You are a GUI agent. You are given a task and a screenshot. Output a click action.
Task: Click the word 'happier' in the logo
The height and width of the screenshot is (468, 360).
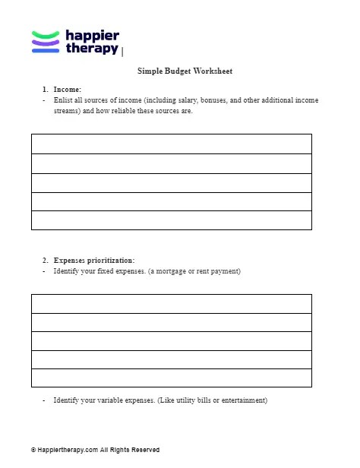pyautogui.click(x=92, y=34)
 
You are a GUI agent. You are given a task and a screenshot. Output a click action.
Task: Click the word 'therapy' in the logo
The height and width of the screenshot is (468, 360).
pyautogui.click(x=92, y=49)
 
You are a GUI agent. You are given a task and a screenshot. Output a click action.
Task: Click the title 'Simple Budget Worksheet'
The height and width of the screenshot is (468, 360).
pyautogui.click(x=185, y=71)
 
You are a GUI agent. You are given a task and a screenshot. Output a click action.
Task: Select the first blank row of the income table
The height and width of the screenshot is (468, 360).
pyautogui.click(x=172, y=144)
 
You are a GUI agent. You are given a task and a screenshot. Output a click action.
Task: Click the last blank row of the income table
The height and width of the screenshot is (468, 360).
pyautogui.click(x=172, y=220)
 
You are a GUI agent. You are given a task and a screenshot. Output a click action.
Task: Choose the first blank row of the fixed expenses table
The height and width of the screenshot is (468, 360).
pyautogui.click(x=172, y=304)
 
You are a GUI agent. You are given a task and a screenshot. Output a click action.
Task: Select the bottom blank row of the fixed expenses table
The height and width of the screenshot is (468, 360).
pyautogui.click(x=172, y=378)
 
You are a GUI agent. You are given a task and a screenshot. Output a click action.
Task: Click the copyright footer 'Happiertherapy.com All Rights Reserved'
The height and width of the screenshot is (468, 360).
pyautogui.click(x=97, y=450)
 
